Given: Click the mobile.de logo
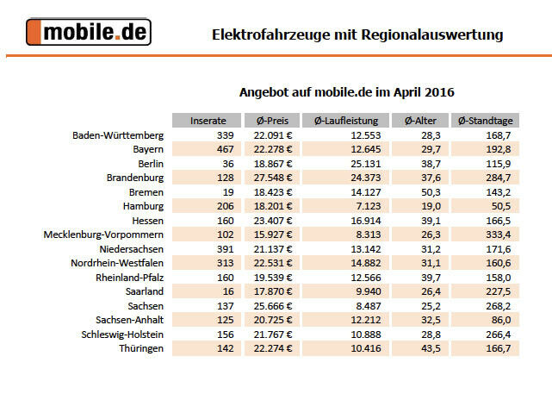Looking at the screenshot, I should (x=89, y=33).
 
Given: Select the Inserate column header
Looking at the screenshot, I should (x=208, y=121).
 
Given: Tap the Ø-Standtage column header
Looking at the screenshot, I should (x=485, y=121).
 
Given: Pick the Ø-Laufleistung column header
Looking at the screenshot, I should (x=345, y=121).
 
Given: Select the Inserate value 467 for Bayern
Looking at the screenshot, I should (x=220, y=149).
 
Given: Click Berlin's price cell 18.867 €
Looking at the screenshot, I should (x=272, y=164).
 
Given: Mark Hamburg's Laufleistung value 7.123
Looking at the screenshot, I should (x=366, y=206).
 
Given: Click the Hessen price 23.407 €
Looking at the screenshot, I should (x=272, y=220).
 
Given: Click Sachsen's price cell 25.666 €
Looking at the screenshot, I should (x=272, y=305).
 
